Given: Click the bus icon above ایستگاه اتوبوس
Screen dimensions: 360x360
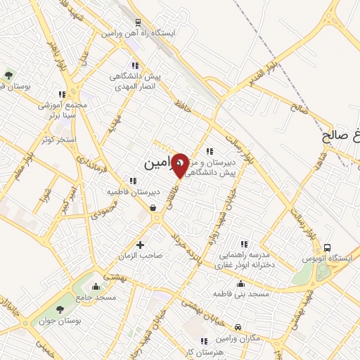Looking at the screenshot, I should coord(327,247).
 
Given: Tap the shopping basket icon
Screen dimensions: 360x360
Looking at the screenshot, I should coord(153,207).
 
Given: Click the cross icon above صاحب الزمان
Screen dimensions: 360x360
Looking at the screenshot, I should coord(141,245).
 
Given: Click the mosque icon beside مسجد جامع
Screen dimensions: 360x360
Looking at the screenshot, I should coord(96,286).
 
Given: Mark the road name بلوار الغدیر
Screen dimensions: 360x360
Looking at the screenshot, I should coord(251,77).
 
